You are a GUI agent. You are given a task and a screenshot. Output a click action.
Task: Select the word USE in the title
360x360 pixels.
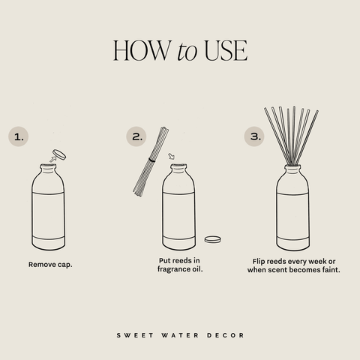click(x=223, y=50)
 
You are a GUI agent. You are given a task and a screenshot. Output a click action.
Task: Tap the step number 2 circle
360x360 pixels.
click(x=136, y=137)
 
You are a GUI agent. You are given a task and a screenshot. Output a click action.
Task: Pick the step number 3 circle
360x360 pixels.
click(x=256, y=137)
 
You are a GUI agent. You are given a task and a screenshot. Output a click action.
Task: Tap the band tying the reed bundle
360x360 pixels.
click(x=153, y=159)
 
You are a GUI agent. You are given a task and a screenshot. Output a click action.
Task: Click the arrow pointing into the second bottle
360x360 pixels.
click(x=171, y=157)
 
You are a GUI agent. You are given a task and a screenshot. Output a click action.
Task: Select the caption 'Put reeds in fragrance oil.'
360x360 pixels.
click(x=179, y=265)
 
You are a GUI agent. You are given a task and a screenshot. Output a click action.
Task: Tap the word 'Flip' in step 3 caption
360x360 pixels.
click(x=259, y=260)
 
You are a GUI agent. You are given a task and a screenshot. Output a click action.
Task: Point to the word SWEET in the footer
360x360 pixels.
click(x=133, y=335)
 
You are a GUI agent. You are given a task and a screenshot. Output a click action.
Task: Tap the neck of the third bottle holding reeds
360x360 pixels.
click(x=292, y=170)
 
